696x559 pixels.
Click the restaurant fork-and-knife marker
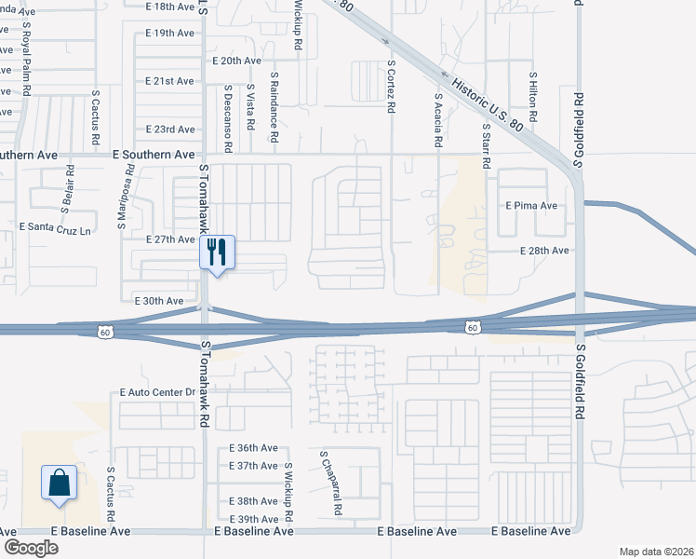click(x=217, y=252)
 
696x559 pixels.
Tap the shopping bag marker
click(x=59, y=483)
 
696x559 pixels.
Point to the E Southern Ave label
click(x=154, y=154)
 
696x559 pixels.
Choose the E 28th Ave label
click(x=542, y=251)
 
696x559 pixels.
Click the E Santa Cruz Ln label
click(x=57, y=226)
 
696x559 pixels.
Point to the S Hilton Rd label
click(x=534, y=99)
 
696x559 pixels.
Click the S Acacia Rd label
click(x=437, y=120)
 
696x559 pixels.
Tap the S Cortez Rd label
click(x=392, y=87)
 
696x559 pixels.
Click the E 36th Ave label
click(x=253, y=448)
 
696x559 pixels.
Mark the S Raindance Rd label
click(x=274, y=107)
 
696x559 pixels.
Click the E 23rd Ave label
click(x=170, y=130)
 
